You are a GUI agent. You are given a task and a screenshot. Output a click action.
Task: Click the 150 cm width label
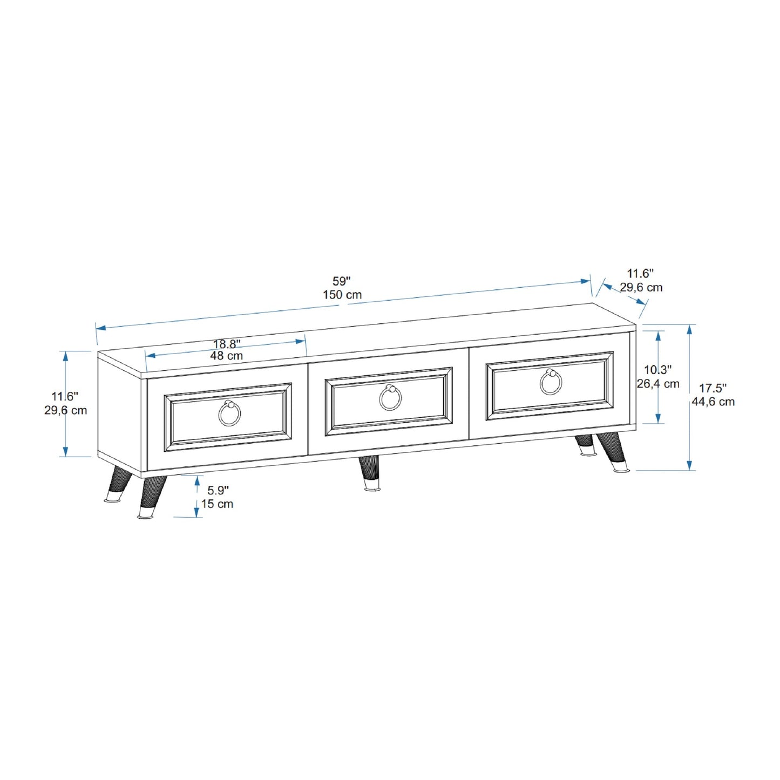342,295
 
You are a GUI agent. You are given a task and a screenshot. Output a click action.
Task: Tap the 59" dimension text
341,281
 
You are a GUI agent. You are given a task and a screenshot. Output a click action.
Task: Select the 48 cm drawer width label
226,356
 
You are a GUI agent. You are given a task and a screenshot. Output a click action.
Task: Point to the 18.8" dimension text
227,344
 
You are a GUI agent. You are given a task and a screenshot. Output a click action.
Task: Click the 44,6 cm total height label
713,402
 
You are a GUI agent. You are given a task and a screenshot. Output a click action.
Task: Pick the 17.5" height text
713,388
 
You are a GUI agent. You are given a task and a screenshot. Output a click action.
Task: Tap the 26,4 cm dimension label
657,384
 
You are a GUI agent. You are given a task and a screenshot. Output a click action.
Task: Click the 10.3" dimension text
657,370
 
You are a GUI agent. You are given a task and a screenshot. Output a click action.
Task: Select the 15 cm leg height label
217,504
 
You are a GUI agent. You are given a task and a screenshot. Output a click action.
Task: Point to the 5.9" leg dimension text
218,490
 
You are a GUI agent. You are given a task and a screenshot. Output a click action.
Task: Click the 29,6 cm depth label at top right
641,287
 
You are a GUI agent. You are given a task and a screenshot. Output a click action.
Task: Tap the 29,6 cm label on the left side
65,410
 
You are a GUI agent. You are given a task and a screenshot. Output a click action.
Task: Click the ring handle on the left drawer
229,413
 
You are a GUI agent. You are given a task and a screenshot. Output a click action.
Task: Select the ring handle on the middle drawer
390,397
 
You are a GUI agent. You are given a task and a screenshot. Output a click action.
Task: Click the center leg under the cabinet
370,473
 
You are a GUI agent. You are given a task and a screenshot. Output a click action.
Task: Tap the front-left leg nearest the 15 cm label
152,497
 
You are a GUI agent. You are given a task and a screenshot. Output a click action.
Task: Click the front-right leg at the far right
613,451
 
